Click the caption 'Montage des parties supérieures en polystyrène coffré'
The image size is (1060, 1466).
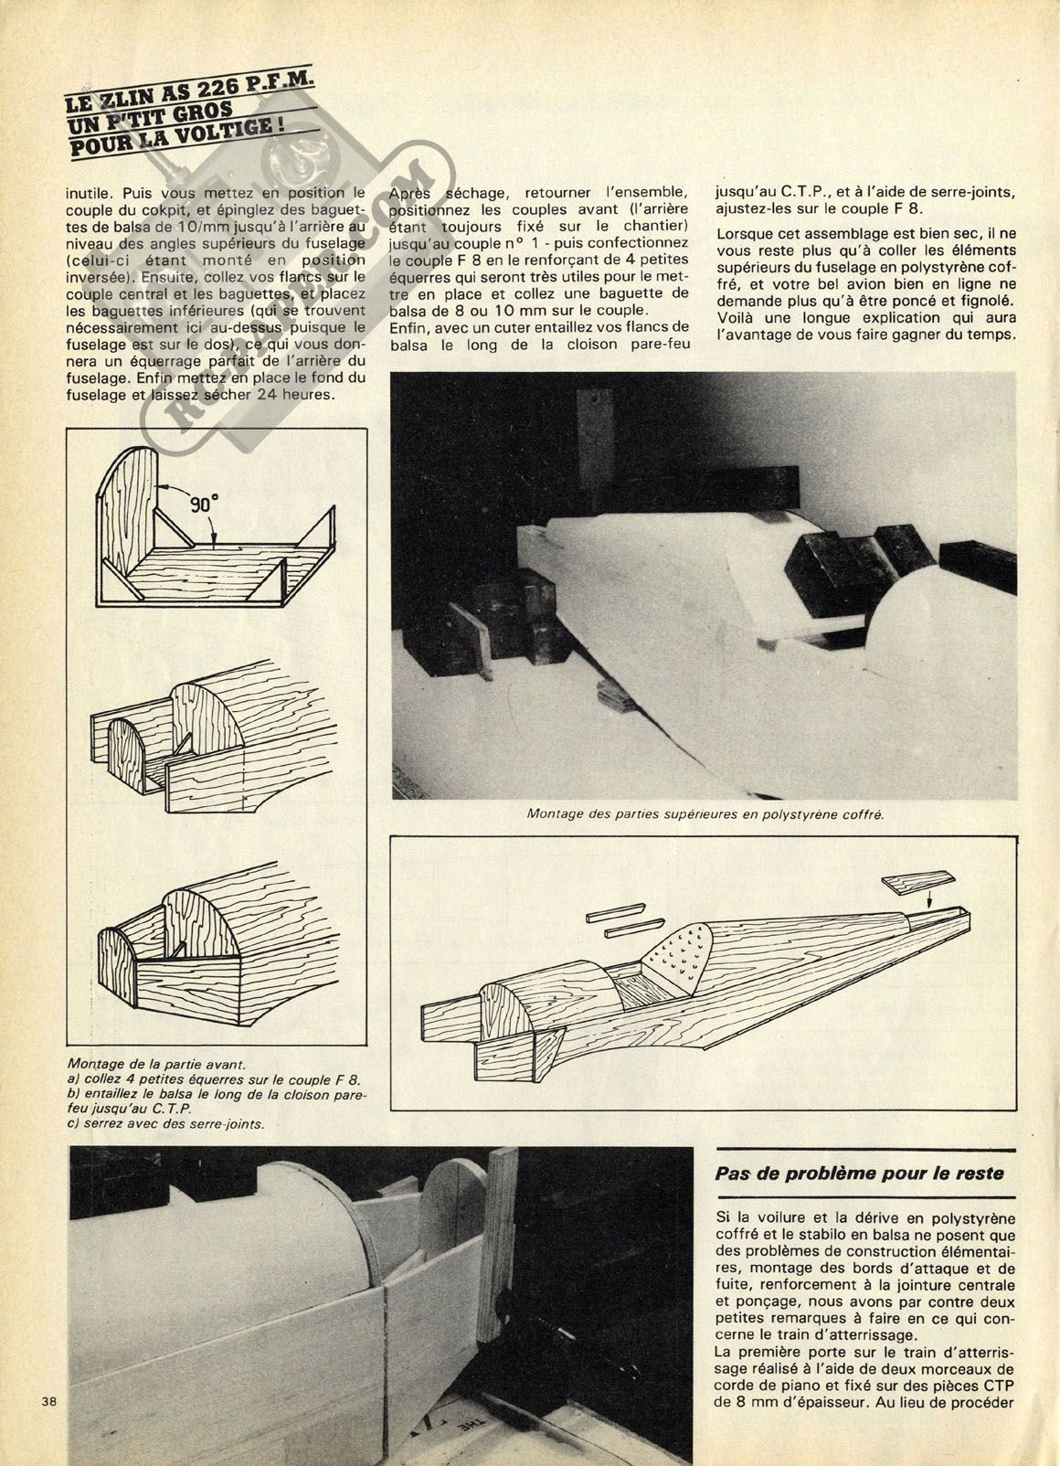705,813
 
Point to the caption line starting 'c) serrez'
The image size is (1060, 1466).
166,1124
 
